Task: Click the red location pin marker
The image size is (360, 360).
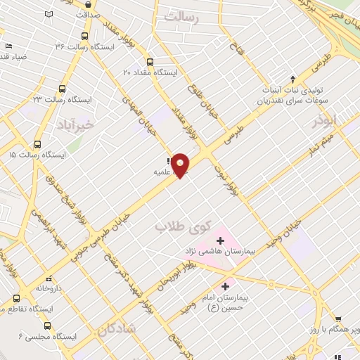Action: coord(181,165)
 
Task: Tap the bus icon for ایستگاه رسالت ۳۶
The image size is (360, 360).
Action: coord(84,35)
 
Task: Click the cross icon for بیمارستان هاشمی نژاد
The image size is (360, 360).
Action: coord(220,240)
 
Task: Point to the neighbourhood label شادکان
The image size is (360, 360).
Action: coord(117,327)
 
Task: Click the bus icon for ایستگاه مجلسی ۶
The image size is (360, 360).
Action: coord(47,325)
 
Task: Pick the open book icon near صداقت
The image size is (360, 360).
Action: coord(48,13)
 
